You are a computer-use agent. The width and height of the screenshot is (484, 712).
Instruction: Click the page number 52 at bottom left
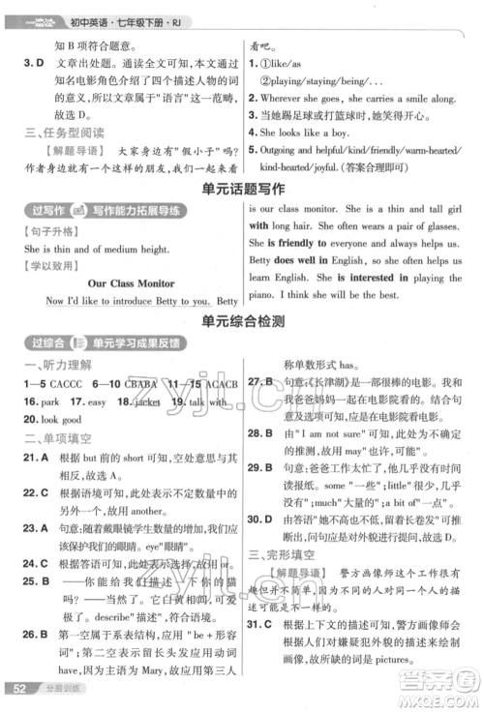point(16,690)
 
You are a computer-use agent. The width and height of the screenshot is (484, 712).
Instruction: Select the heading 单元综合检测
point(242,319)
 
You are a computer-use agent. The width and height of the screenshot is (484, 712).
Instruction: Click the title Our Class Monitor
point(131,282)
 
